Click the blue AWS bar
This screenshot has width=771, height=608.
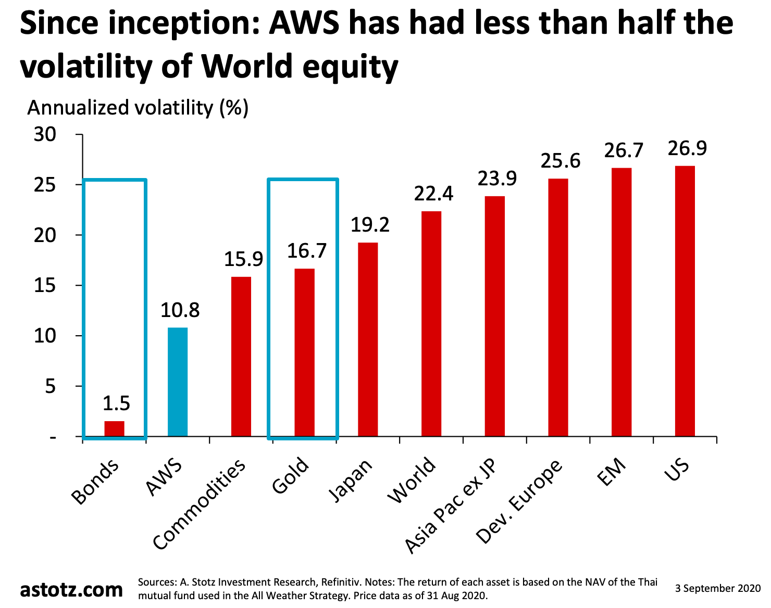pyautogui.click(x=178, y=382)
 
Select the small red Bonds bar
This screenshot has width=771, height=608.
pyautogui.click(x=114, y=428)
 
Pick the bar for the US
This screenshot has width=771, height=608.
pyautogui.click(x=685, y=301)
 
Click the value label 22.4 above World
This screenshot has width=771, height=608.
pyautogui.click(x=433, y=194)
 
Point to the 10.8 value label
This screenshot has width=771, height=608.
pyautogui.click(x=180, y=310)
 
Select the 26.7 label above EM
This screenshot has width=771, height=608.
pyautogui.click(x=624, y=150)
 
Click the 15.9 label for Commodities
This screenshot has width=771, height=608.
pyautogui.click(x=243, y=259)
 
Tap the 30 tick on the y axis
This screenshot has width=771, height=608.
pyautogui.click(x=45, y=135)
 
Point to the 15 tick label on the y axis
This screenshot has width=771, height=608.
pyautogui.click(x=45, y=286)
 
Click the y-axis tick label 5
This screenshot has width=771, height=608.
pyautogui.click(x=50, y=386)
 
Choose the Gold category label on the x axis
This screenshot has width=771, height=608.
pyautogui.click(x=291, y=476)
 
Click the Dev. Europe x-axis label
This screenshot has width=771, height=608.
pyautogui.click(x=519, y=502)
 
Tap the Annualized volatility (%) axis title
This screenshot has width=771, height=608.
pyautogui.click(x=138, y=108)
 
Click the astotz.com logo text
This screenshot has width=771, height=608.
pyautogui.click(x=71, y=589)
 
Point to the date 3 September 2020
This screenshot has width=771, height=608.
pyautogui.click(x=718, y=589)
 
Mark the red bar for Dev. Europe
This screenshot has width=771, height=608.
pyautogui.click(x=558, y=307)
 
